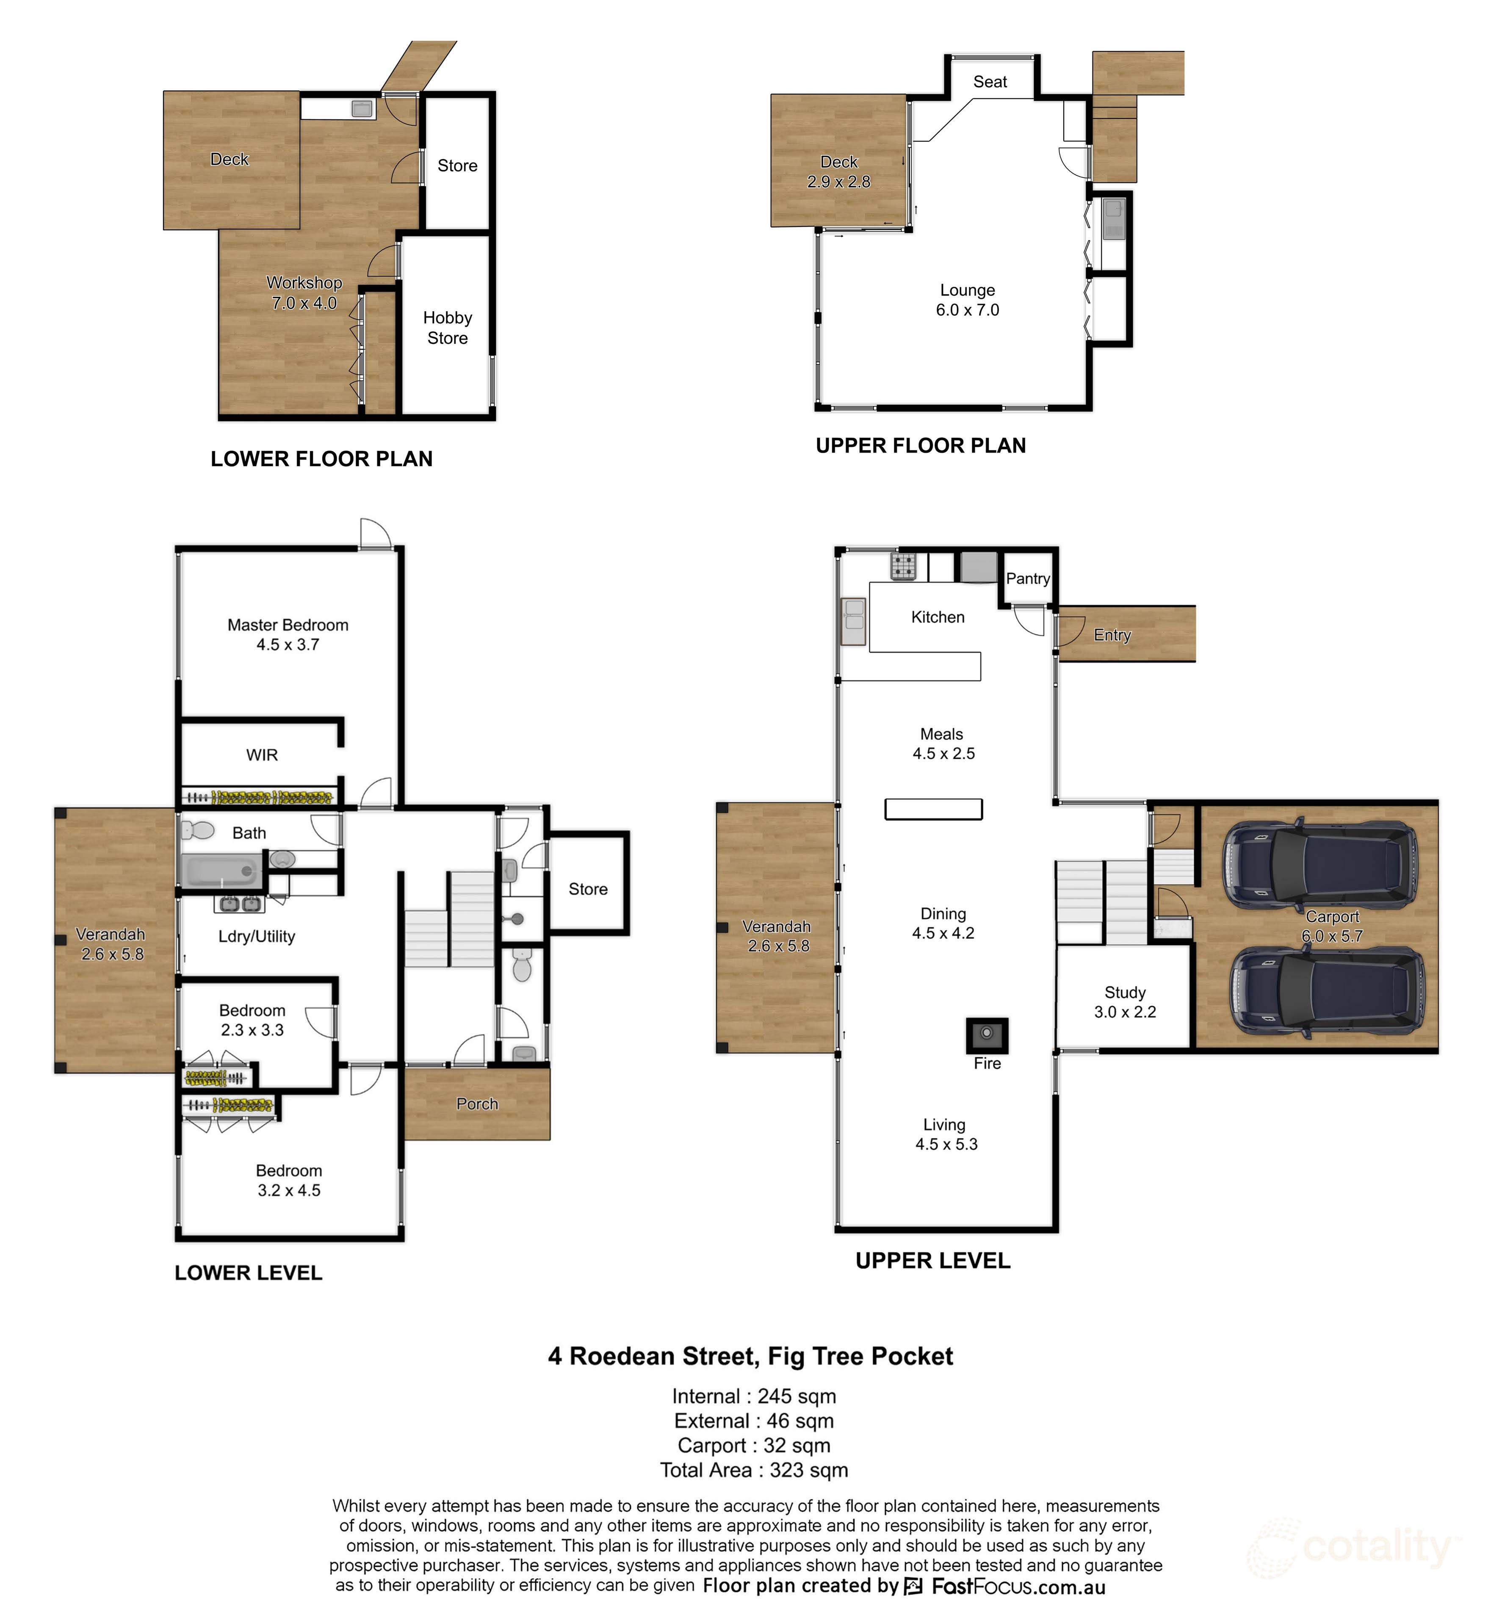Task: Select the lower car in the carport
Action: point(1326,993)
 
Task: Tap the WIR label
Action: point(262,755)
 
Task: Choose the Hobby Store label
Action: point(447,328)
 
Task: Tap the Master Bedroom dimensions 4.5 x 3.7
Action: point(288,644)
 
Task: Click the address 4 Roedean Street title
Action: point(750,1356)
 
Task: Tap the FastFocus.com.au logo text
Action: point(1018,1586)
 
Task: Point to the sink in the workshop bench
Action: point(362,108)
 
